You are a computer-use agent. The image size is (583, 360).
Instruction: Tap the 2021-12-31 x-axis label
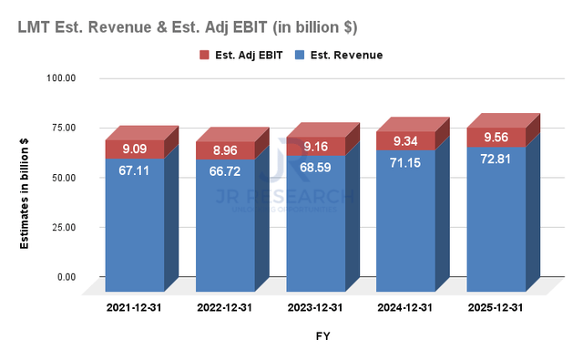tap(134, 309)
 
